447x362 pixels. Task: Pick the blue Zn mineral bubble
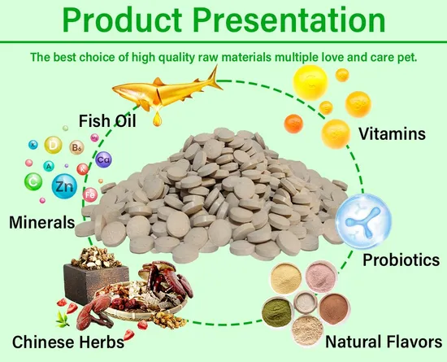tap(63, 187)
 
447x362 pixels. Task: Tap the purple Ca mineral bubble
tap(104, 160)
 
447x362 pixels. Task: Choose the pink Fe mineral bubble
tap(90, 194)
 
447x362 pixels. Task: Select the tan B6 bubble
tap(77, 149)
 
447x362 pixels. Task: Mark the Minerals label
tap(41, 221)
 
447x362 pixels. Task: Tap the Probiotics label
tap(401, 260)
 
